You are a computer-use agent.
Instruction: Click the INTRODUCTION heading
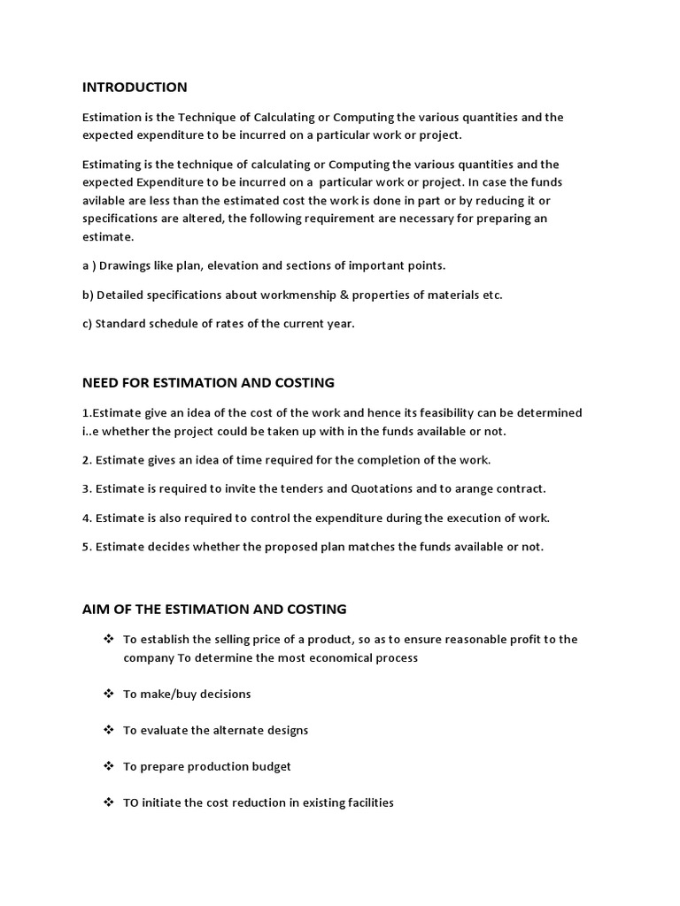pos(135,87)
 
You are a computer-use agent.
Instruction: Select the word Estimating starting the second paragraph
pos(112,165)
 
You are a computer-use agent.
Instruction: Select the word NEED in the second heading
pos(100,382)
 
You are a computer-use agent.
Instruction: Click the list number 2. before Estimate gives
pos(87,460)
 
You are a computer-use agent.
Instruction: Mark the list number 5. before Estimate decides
pos(87,547)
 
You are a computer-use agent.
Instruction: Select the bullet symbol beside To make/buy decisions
pos(109,694)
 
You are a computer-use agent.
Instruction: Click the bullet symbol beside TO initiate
pos(109,802)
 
